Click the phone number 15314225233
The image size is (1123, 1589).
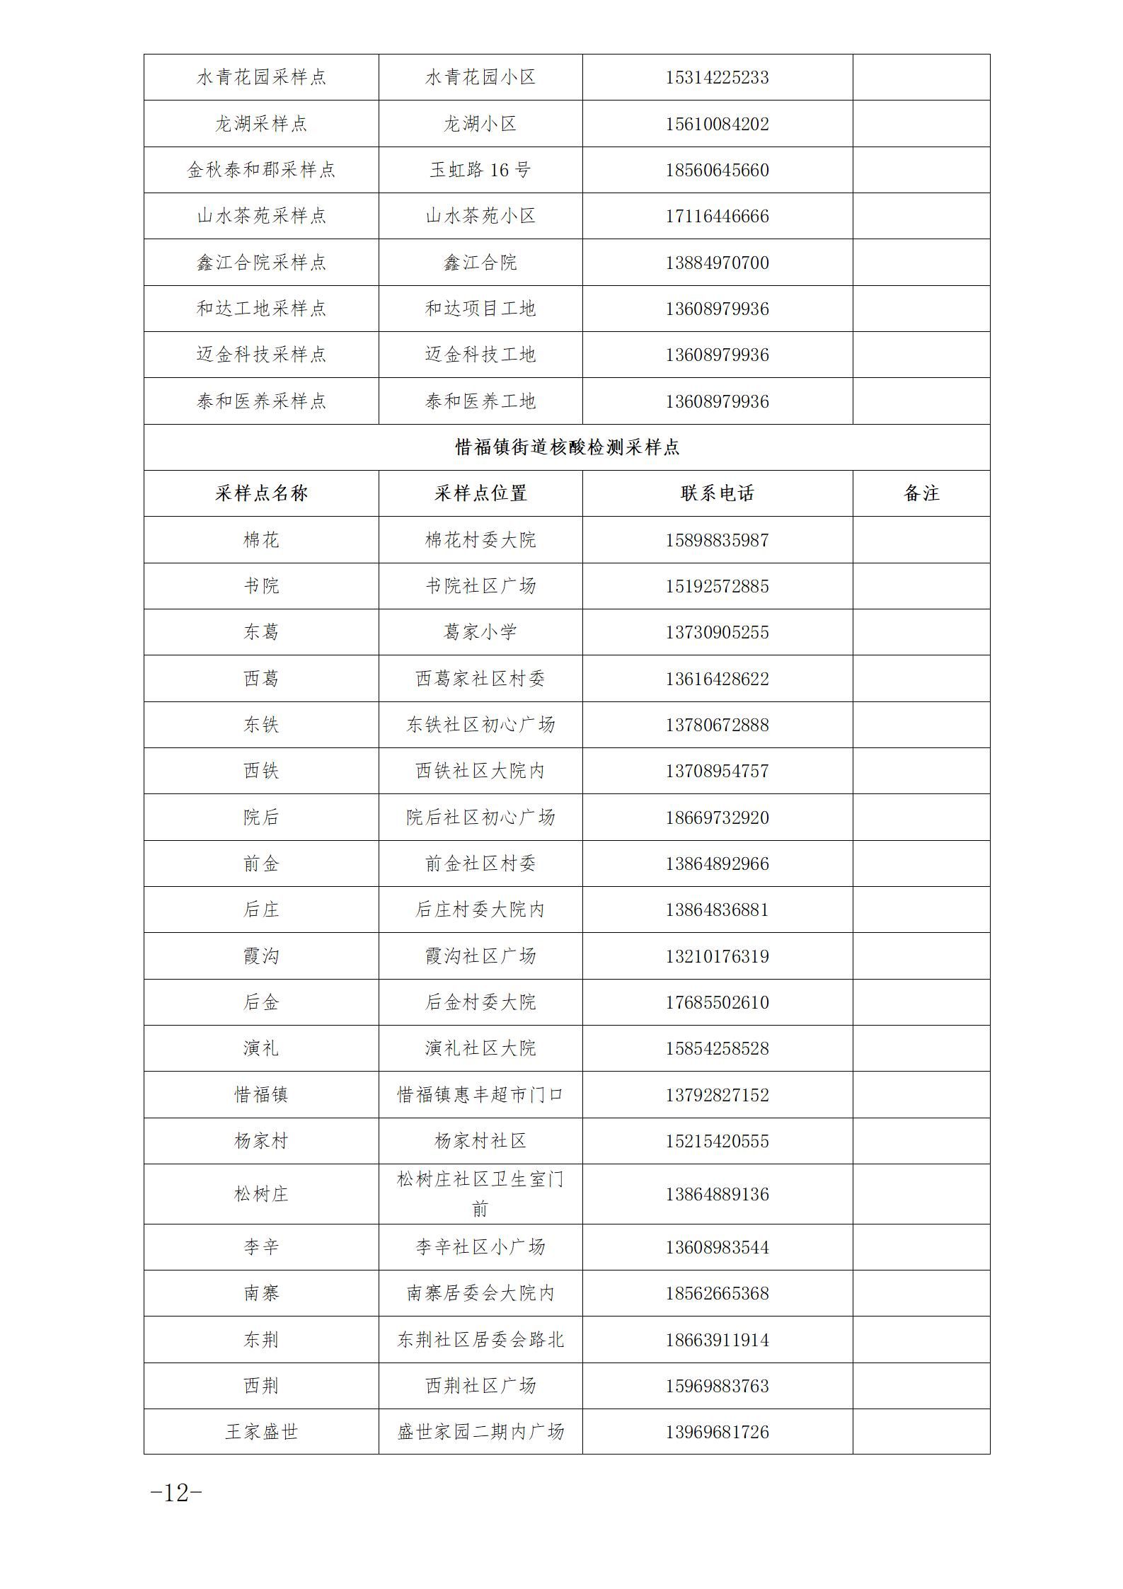pos(717,77)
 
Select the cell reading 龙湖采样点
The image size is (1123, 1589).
pos(261,124)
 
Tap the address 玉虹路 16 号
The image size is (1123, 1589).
pos(480,170)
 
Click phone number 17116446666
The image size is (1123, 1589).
pos(717,216)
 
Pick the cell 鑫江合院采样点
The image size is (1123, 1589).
pos(261,263)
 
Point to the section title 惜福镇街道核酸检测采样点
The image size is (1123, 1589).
pos(567,447)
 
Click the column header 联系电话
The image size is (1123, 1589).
pos(717,493)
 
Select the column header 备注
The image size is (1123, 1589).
pos(921,493)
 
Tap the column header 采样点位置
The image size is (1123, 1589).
pos(480,493)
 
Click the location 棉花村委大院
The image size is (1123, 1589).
pos(480,540)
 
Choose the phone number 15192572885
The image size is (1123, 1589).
pos(717,586)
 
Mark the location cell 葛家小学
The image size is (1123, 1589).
pos(480,632)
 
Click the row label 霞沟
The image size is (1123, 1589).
pos(261,956)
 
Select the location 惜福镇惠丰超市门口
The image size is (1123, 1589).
pos(480,1095)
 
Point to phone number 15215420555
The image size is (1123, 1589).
pos(717,1141)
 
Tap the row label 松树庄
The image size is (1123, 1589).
pos(261,1194)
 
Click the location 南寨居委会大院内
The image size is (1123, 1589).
pos(480,1293)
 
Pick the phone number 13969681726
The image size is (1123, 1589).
pos(717,1432)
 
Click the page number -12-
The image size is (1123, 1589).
pos(176,1493)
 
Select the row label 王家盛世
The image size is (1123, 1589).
pos(261,1432)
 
